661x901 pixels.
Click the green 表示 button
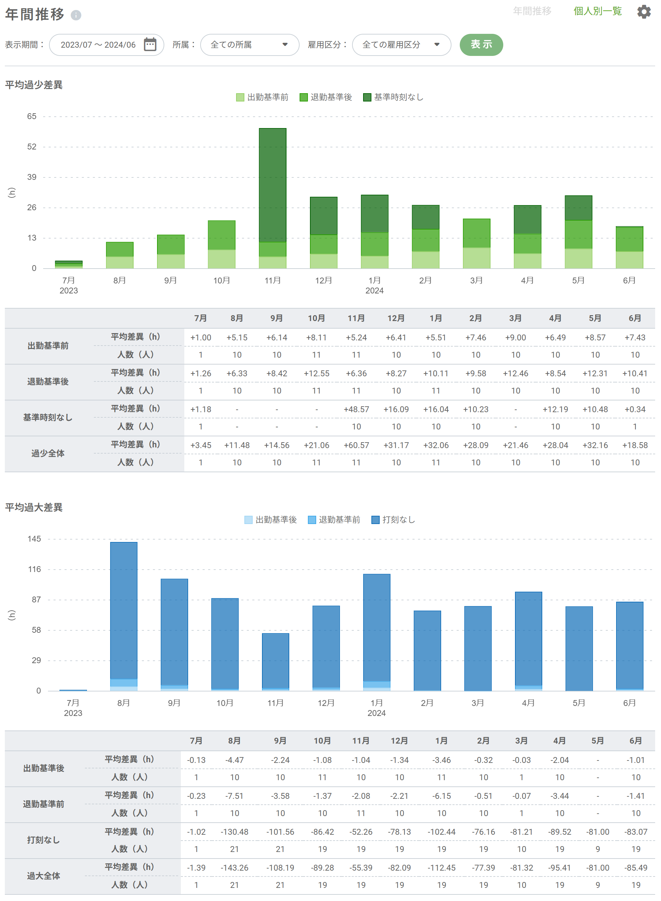pos(481,45)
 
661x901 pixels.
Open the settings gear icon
pos(643,12)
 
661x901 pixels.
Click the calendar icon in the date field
pos(150,45)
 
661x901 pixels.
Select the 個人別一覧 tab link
pos(597,11)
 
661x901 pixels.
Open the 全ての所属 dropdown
pos(249,45)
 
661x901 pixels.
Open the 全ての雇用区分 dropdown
pos(401,45)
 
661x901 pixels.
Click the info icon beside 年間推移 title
pos(76,15)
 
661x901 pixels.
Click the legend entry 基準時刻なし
pos(393,97)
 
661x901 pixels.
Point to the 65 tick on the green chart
pos(32,116)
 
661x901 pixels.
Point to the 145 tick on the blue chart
pos(34,539)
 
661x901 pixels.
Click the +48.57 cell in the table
pos(356,409)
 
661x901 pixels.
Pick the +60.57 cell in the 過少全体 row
pos(356,445)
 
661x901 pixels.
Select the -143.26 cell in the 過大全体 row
pos(234,868)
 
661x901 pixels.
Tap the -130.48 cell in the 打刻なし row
pos(234,832)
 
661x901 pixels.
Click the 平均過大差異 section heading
pos(34,507)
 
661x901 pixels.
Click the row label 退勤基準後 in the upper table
pos(48,382)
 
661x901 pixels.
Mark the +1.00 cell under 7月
pos(201,337)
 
